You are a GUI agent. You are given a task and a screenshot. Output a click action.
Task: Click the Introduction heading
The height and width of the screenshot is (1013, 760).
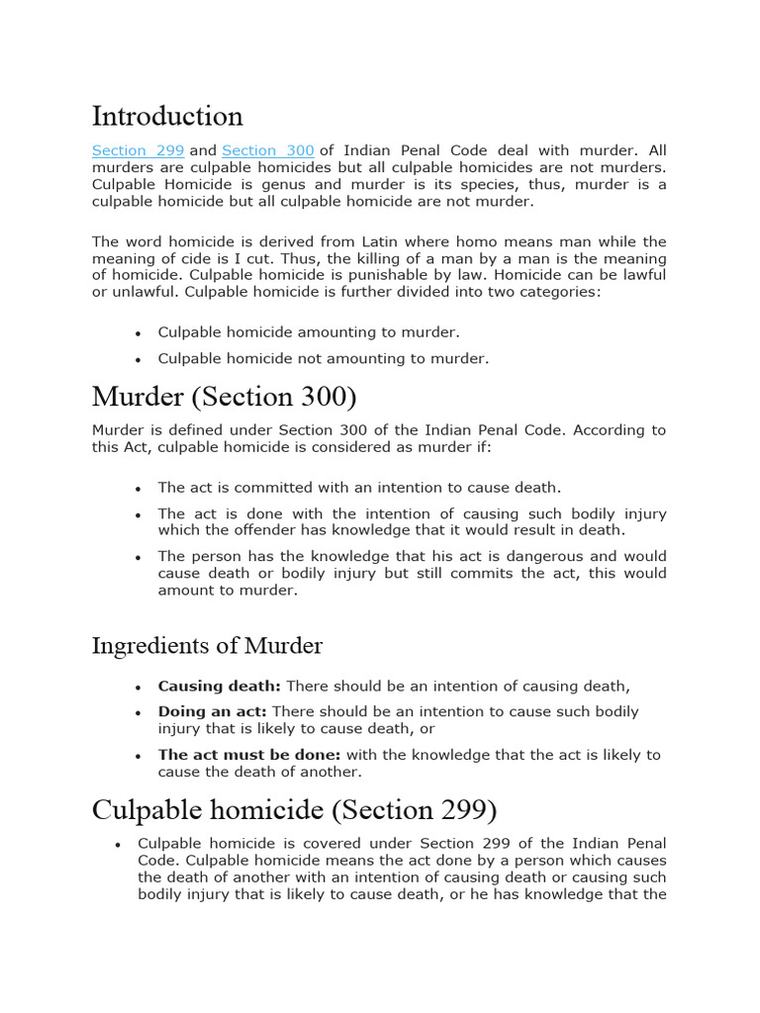click(x=167, y=116)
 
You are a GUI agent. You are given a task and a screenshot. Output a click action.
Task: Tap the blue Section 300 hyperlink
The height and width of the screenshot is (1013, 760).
click(x=268, y=150)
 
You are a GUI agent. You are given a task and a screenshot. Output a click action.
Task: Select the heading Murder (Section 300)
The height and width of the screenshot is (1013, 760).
click(x=224, y=397)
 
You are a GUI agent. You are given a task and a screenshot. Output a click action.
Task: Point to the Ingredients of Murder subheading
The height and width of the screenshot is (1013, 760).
click(x=207, y=646)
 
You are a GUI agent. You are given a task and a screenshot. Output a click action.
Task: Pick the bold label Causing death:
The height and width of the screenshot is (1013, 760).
click(x=220, y=686)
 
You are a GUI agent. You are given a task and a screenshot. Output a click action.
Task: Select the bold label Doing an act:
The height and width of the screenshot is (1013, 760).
click(x=213, y=711)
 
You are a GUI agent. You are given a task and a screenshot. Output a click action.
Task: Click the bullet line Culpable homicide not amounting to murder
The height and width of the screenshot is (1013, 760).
click(x=323, y=358)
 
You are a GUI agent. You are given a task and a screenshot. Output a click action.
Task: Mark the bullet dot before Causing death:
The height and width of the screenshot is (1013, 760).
click(x=139, y=687)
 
